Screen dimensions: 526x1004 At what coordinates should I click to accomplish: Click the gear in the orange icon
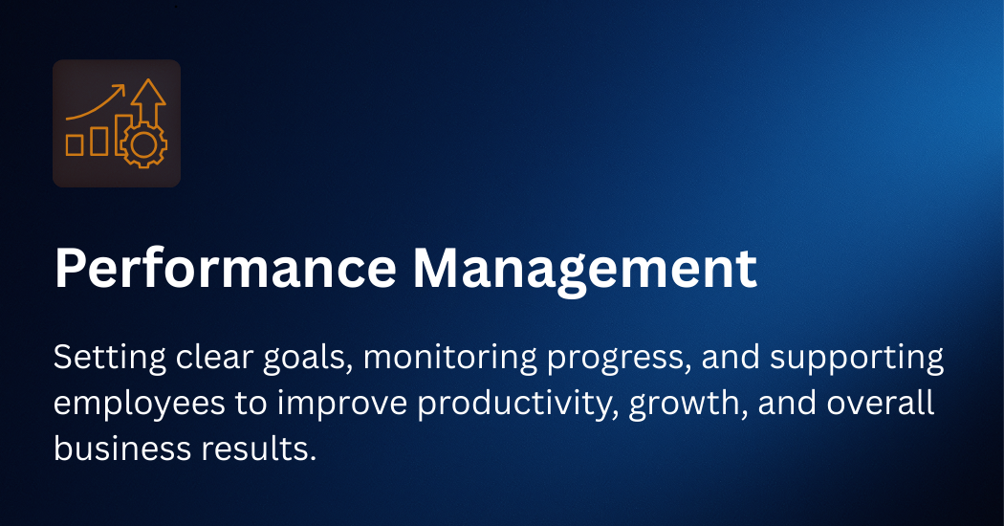(x=143, y=144)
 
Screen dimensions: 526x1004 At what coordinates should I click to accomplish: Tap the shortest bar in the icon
(x=75, y=144)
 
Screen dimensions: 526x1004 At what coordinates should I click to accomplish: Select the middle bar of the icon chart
(x=99, y=141)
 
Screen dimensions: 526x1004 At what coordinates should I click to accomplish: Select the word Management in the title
(x=584, y=269)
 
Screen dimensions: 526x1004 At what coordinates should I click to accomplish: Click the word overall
(x=881, y=404)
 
